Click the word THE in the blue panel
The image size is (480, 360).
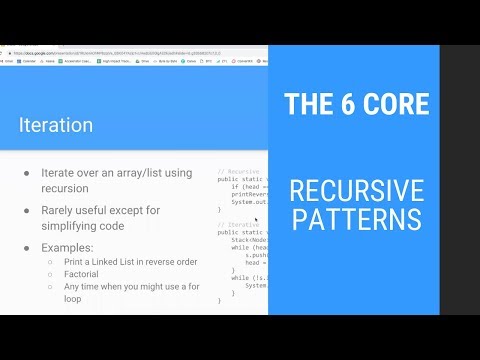(x=306, y=103)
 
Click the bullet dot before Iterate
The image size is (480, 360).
(x=26, y=173)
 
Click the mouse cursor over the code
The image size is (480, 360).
(x=257, y=219)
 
